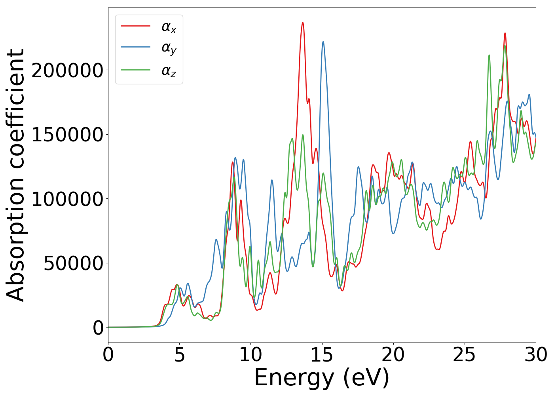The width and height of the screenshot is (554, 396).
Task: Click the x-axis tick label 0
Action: click(108, 355)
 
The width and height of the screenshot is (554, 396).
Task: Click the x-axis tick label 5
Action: click(179, 355)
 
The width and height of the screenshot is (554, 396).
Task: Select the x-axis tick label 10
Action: click(250, 355)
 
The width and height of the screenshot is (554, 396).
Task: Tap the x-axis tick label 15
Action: click(322, 355)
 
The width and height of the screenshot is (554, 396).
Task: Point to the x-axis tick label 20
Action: click(393, 355)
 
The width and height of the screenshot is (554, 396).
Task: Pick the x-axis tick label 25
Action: click(464, 355)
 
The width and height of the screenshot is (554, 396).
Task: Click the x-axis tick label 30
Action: click(535, 355)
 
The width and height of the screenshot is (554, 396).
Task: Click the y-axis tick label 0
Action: click(98, 328)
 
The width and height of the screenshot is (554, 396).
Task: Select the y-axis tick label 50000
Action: click(74, 263)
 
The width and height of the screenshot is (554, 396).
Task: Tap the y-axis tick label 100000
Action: click(67, 199)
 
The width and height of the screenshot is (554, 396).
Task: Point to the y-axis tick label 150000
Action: click(67, 135)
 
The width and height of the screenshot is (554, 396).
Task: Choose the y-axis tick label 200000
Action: click(67, 70)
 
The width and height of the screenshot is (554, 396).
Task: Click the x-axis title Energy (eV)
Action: click(322, 377)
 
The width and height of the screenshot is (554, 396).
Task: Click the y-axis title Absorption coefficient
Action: click(16, 175)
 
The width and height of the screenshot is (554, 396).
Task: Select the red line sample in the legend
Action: click(135, 26)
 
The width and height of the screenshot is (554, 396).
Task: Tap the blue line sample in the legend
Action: click(135, 47)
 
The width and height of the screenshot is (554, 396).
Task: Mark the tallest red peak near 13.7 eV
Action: click(303, 23)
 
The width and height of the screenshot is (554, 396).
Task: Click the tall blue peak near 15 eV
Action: click(323, 42)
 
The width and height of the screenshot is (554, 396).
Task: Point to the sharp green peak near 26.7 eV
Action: click(489, 55)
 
